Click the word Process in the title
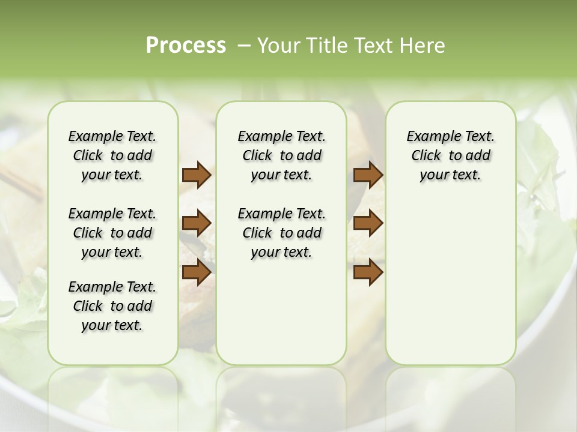click(x=186, y=46)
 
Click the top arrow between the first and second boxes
click(x=197, y=175)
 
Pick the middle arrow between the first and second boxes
click(x=197, y=223)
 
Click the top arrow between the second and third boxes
click(x=368, y=175)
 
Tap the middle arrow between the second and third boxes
click(x=368, y=223)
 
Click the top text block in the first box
click(x=112, y=155)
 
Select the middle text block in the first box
click(x=112, y=233)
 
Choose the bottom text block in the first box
click(x=112, y=306)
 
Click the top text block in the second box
click(x=281, y=155)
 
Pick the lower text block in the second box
click(x=281, y=233)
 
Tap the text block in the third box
click(x=450, y=155)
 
